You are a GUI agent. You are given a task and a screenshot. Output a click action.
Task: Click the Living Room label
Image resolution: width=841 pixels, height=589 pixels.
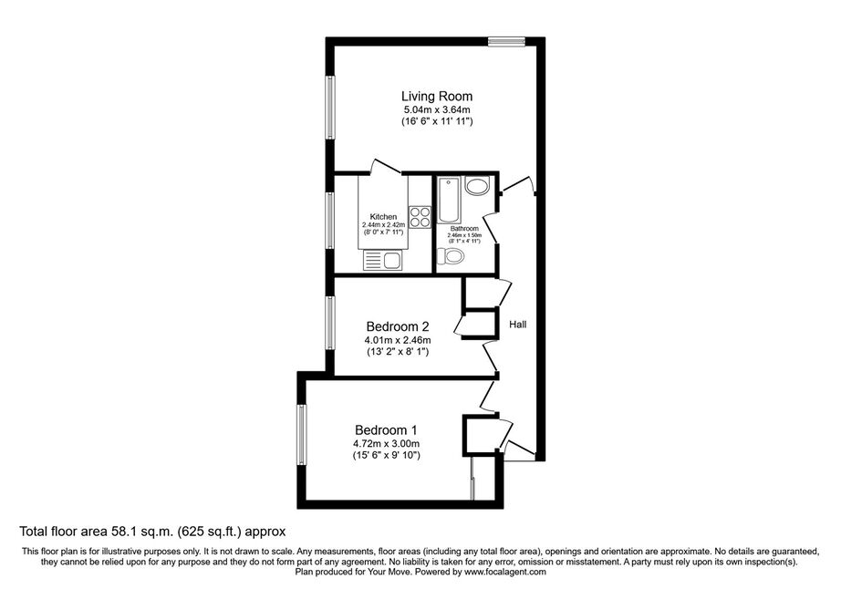(x=437, y=97)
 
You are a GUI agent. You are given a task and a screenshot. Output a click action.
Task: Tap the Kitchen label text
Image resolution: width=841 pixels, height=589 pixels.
(x=383, y=217)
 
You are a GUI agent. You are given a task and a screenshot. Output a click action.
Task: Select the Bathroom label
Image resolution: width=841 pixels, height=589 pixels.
(x=464, y=229)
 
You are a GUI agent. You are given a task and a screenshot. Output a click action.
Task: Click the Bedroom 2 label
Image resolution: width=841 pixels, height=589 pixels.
(x=398, y=326)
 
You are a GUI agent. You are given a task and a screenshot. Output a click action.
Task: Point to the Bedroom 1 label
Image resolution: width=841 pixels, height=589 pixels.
(x=386, y=430)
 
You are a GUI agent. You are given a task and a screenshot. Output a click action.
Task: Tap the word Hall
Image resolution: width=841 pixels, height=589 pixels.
(x=518, y=325)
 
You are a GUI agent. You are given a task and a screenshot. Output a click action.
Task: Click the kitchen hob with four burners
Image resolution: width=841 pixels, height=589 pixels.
(x=420, y=217)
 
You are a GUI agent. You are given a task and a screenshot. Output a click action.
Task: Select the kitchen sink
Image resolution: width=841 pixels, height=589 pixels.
(x=383, y=261)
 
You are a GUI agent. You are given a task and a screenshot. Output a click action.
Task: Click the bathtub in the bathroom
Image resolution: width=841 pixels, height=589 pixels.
(x=449, y=200)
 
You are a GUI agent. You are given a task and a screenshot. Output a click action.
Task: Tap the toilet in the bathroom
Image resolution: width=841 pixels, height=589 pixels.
(x=451, y=257)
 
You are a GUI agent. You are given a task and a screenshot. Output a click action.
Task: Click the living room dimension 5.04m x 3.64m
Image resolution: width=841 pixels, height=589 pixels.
(x=437, y=110)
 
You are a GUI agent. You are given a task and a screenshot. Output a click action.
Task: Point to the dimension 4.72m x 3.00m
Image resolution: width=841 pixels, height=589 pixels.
(x=386, y=444)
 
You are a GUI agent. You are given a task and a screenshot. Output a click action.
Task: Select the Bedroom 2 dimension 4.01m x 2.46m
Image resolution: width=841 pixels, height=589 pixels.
(x=398, y=340)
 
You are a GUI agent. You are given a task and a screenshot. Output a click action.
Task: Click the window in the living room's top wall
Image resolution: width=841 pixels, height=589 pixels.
(x=506, y=42)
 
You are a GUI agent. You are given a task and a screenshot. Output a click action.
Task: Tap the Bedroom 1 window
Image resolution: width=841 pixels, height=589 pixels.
(x=303, y=435)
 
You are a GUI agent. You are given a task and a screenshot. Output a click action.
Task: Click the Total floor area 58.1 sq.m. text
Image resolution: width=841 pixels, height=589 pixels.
(x=97, y=532)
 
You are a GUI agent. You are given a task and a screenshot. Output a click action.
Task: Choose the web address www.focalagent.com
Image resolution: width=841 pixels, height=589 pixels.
(x=505, y=572)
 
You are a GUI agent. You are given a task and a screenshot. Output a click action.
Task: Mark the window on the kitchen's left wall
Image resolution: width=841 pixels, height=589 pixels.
(x=330, y=221)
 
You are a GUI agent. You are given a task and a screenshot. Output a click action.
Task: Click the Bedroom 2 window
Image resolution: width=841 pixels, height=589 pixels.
(x=330, y=323)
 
